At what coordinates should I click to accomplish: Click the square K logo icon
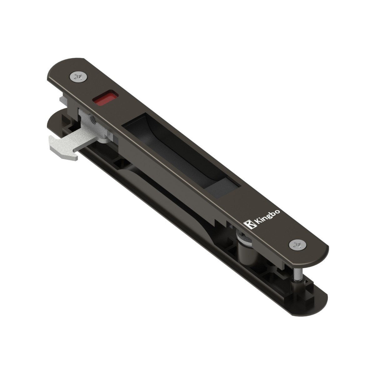click(249, 224)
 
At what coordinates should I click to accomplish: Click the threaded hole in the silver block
click(93, 119)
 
